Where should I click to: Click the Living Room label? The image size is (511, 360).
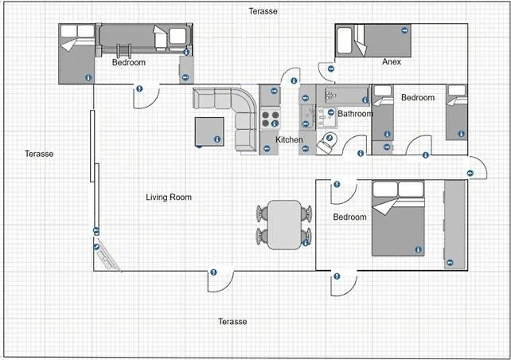click(169, 197)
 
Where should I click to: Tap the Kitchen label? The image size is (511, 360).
click(289, 139)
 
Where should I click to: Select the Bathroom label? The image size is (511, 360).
click(355, 113)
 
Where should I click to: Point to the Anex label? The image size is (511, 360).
click(392, 61)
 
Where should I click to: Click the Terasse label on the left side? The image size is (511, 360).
click(39, 154)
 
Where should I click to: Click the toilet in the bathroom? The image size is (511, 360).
click(327, 143)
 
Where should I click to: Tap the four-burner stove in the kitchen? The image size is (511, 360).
click(270, 119)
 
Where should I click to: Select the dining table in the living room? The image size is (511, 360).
click(284, 225)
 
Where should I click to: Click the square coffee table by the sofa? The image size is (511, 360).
click(209, 131)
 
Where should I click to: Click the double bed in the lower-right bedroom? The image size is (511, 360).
click(398, 218)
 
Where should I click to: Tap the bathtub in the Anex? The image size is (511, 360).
click(344, 41)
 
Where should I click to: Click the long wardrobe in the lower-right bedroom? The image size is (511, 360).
click(455, 225)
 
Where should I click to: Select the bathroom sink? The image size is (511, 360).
click(327, 118)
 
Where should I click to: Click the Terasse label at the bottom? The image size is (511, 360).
click(232, 322)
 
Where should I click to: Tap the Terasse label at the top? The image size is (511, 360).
click(263, 11)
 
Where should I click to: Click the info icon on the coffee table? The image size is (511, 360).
click(217, 139)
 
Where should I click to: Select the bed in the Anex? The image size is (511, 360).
click(382, 41)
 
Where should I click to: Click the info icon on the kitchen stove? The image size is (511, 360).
click(275, 123)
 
